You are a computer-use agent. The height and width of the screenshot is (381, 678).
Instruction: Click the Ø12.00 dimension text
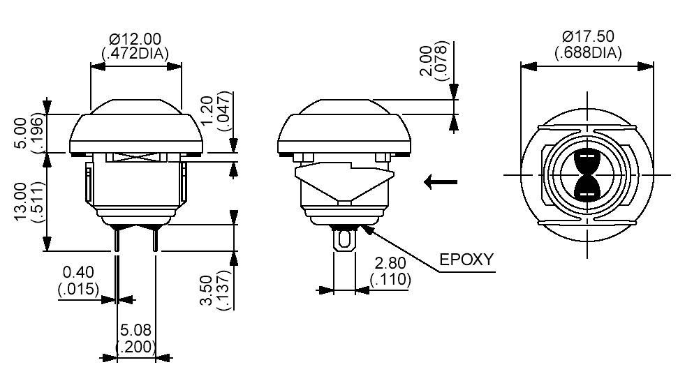pyautogui.click(x=136, y=38)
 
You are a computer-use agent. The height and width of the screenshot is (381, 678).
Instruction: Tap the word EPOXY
pyautogui.click(x=466, y=260)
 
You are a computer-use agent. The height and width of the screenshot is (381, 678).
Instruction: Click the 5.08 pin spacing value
pyautogui.click(x=135, y=330)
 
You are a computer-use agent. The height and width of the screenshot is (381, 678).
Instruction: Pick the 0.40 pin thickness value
pyautogui.click(x=78, y=272)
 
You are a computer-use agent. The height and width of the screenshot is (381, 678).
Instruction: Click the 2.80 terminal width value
pyautogui.click(x=391, y=264)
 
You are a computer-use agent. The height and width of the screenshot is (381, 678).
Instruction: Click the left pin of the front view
pyautogui.click(x=116, y=241)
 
